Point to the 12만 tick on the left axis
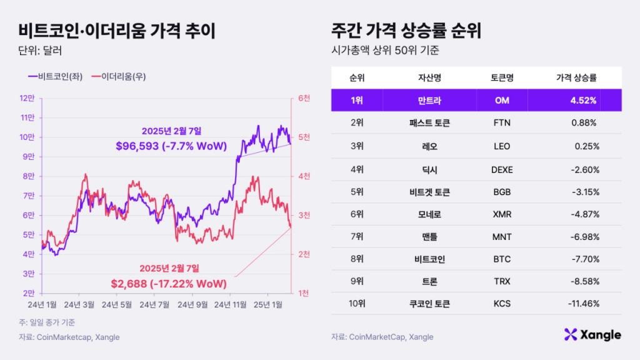point(27,98)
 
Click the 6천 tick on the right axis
point(304,98)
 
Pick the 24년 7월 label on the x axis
point(154,304)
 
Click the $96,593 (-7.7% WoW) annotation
point(171,145)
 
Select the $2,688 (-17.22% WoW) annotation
point(169,283)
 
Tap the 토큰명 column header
point(502,78)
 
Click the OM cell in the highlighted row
point(502,100)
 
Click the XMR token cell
point(502,214)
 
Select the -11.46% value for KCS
point(585,304)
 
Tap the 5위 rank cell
point(357,191)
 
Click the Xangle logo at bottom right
point(592,334)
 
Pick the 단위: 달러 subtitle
point(40,50)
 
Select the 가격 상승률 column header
point(576,78)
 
